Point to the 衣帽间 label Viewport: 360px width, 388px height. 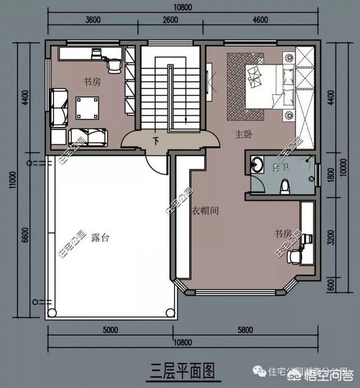coord(203,211)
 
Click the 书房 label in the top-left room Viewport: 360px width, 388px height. coord(92,82)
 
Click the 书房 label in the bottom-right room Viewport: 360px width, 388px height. coord(282,233)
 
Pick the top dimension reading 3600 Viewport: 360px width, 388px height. coord(93,20)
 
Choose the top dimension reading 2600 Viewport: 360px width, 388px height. coord(169,20)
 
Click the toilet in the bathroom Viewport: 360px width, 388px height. coord(285,185)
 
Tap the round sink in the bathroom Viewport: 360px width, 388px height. coord(258,165)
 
